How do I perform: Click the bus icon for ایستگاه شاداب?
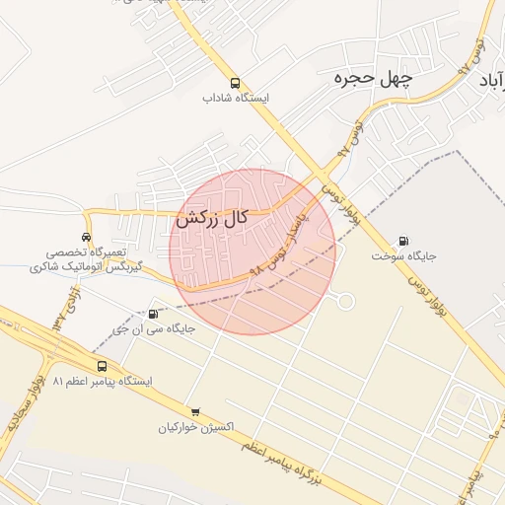(235, 84)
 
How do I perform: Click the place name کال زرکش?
(211, 220)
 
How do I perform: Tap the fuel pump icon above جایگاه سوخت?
(403, 241)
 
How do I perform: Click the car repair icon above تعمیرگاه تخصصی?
(87, 238)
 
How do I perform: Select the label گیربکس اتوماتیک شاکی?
(86, 267)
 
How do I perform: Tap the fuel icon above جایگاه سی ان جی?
(152, 314)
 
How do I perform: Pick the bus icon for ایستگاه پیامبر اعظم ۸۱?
(103, 366)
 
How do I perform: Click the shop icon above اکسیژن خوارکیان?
(195, 412)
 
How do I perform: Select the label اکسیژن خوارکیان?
(196, 428)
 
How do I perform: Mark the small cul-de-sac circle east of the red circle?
(345, 301)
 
